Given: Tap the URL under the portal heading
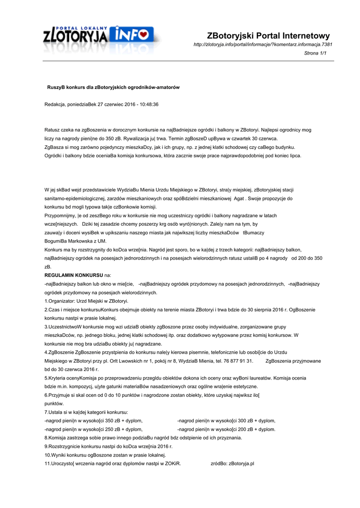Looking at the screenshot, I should [x=263, y=45].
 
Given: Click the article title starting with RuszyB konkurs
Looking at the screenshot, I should [x=113, y=87].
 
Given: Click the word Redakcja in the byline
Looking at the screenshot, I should [x=55, y=105].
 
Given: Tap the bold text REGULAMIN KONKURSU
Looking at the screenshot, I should [x=73, y=275].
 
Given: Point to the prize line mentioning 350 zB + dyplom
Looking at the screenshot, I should [x=93, y=420].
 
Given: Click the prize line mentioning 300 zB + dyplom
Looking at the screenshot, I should [x=226, y=420].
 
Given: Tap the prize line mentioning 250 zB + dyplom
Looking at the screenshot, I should [x=93, y=429].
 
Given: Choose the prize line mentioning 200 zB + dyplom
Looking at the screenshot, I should [x=226, y=429].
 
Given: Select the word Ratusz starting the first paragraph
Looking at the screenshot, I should [x=52, y=130].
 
